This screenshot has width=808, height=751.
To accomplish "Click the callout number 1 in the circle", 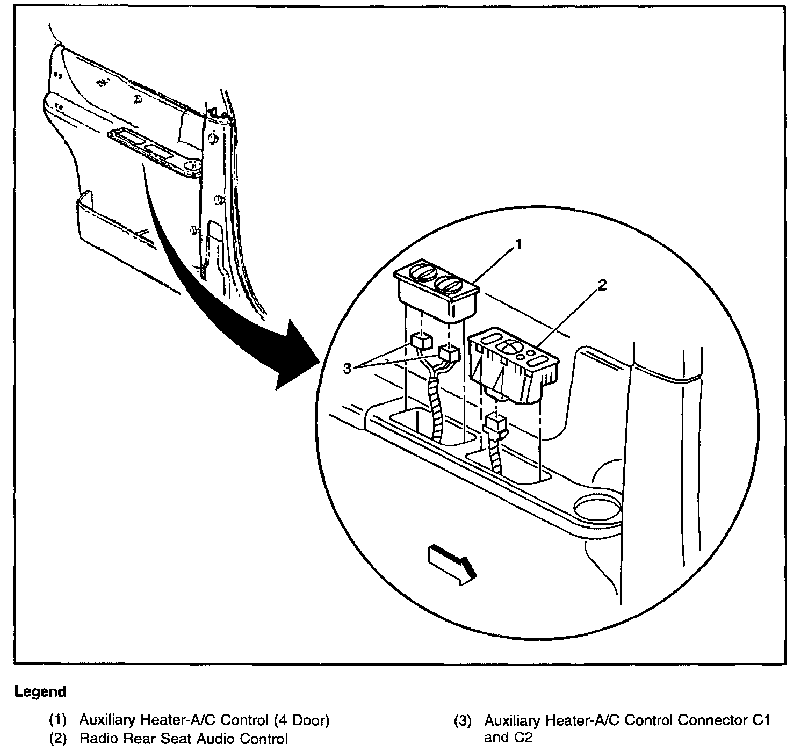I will tap(518, 245).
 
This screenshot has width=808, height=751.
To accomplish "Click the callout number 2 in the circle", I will tap(602, 286).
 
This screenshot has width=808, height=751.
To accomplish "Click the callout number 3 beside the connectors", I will tap(347, 369).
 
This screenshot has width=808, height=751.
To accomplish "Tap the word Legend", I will tap(41, 691).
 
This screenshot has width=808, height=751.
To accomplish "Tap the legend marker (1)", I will tap(57, 720).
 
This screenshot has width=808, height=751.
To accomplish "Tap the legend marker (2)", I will tap(57, 739).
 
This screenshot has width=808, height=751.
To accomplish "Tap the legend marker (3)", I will tap(463, 720).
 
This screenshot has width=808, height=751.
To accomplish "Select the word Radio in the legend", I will tap(97, 739).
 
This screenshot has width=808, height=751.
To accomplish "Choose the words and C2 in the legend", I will tap(508, 737).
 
